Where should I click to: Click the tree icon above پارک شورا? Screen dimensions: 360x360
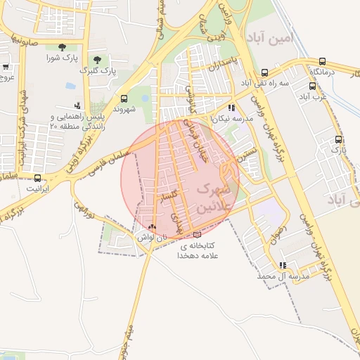click(x=62, y=47)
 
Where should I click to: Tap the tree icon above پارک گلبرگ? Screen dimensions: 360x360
click(x=96, y=60)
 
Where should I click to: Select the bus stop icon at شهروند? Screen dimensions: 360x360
click(x=124, y=98)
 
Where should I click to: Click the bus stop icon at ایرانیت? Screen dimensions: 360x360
click(x=38, y=178)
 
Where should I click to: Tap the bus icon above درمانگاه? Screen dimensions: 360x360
click(x=322, y=61)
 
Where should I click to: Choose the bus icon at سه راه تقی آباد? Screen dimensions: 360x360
click(x=264, y=72)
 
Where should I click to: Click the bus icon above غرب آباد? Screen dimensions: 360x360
click(x=311, y=86)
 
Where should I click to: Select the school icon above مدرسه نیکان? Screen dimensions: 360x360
click(x=232, y=108)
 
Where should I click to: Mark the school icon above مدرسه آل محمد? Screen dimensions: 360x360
click(x=283, y=265)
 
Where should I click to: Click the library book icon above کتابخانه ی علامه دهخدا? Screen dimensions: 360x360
click(x=196, y=234)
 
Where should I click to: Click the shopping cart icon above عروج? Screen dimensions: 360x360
click(x=6, y=67)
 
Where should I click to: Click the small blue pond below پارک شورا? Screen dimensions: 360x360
click(x=70, y=86)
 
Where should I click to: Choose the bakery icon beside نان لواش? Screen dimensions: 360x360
click(x=153, y=227)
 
